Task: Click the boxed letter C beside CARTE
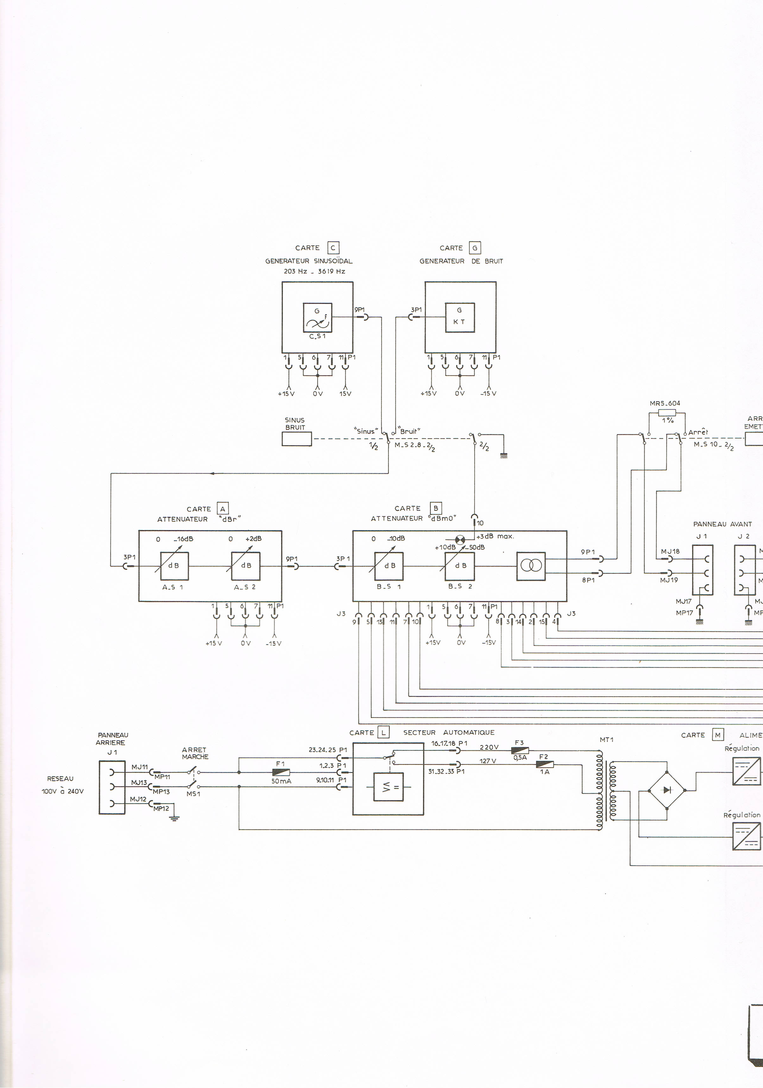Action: coord(333,248)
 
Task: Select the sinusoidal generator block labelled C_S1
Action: coord(318,318)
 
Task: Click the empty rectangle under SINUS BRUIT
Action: coord(297,439)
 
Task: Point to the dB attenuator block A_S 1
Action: coord(174,566)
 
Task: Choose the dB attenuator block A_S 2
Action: coord(245,566)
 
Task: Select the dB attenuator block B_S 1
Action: coord(389,566)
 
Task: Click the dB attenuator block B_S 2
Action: coord(460,566)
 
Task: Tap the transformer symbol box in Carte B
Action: coord(531,566)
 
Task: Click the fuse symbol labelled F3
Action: coord(520,750)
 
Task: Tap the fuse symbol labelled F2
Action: coord(545,764)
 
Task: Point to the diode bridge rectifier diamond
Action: coord(667,790)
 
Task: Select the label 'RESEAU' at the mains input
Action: coord(60,779)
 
